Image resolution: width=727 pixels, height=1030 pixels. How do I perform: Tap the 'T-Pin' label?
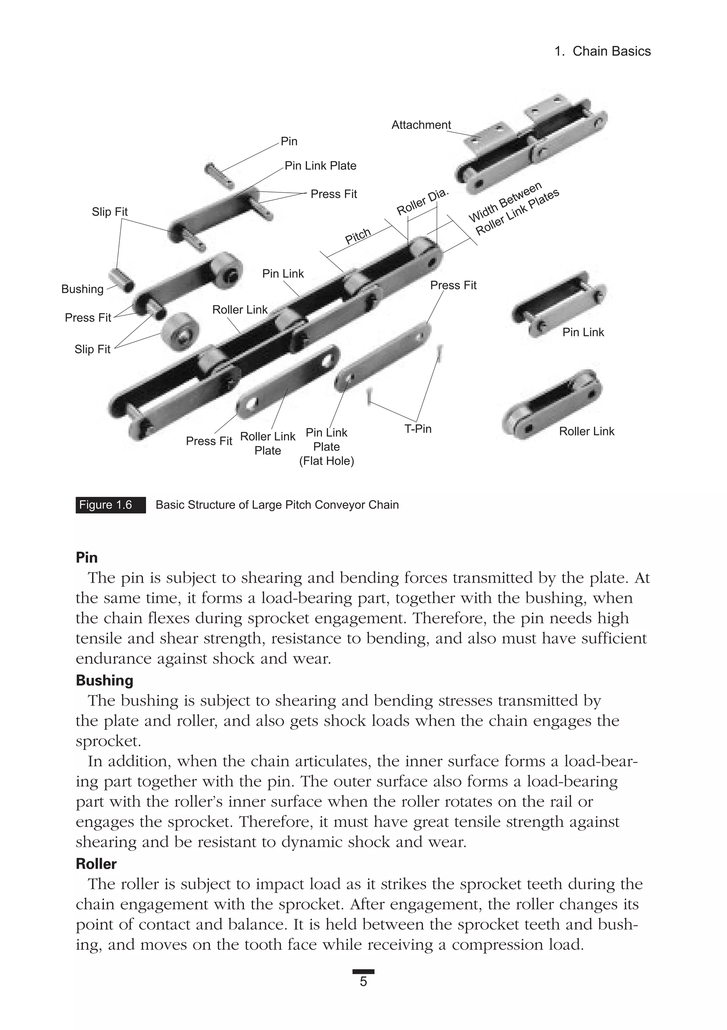[418, 429]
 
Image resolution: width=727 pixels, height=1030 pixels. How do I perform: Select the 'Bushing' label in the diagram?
[82, 289]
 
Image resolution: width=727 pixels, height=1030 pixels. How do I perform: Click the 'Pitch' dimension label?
[358, 236]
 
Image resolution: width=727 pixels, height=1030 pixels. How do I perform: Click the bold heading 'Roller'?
[96, 864]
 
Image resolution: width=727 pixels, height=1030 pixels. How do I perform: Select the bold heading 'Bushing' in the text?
[105, 680]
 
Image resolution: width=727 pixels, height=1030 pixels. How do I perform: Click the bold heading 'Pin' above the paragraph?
[87, 558]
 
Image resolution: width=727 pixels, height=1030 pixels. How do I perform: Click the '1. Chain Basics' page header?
[602, 51]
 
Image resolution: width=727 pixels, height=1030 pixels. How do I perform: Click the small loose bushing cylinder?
[122, 280]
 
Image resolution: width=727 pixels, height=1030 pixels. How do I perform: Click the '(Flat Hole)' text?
[327, 461]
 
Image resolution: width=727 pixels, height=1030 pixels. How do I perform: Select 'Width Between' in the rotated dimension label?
[505, 202]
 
